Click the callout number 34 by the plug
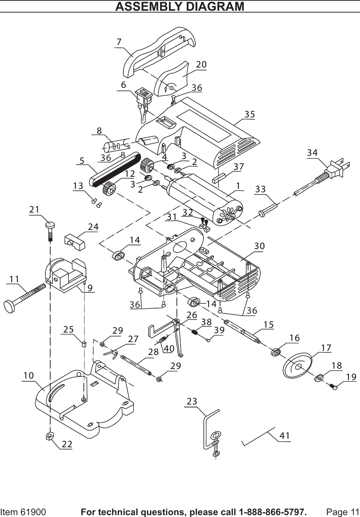click(x=312, y=152)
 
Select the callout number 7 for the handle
click(x=119, y=42)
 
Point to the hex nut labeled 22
click(x=49, y=437)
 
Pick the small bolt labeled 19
click(x=334, y=387)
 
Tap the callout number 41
click(x=285, y=435)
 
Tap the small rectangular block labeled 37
click(x=219, y=179)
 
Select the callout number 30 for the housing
click(x=260, y=246)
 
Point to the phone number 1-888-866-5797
click(x=272, y=512)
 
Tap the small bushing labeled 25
click(x=84, y=344)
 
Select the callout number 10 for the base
click(x=28, y=375)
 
